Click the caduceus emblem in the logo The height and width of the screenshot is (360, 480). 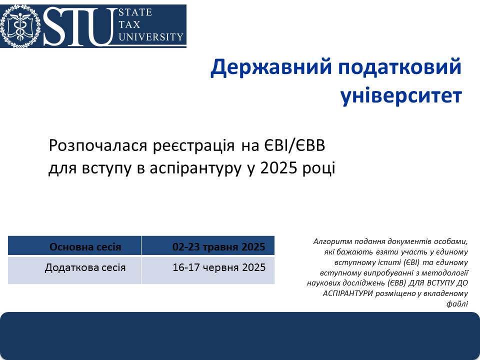coord(20,26)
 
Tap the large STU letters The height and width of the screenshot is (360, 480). coord(80,26)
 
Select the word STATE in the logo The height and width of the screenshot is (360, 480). coord(135,12)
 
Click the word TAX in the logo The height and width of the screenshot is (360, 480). coord(129,24)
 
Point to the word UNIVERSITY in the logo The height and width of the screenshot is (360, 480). coord(151,37)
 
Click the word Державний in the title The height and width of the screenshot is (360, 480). coord(271,67)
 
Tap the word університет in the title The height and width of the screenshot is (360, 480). coord(400,96)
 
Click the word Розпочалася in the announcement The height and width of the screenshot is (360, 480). coord(98,146)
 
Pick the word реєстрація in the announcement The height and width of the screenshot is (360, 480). coord(194,146)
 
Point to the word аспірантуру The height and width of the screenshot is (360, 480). coord(195,168)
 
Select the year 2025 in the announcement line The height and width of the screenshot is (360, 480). coord(278,168)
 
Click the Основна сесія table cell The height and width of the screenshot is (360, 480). coord(74,246)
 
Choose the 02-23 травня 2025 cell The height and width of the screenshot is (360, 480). coord(208,246)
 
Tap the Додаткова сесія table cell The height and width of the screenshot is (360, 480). coord(74,270)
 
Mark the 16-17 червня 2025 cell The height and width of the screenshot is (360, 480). coord(208,270)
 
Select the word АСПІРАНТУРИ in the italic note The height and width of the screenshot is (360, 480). coord(348,293)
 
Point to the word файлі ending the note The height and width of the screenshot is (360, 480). coord(457,303)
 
